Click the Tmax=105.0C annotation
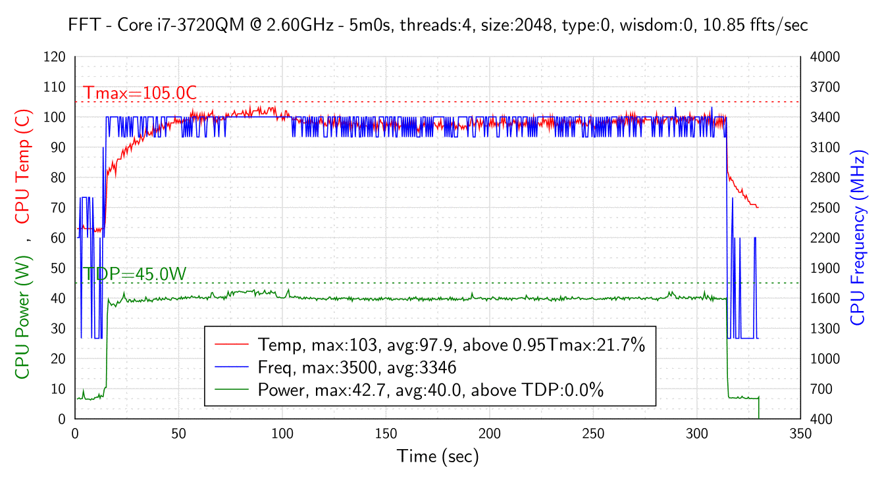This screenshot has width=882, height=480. point(140,93)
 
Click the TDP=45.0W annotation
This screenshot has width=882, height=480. point(135,274)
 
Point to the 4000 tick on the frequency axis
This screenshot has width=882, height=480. point(825,57)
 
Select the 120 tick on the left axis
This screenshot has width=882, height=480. point(55,57)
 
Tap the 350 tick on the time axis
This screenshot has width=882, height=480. point(800,434)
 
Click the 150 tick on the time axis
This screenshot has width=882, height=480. point(386,434)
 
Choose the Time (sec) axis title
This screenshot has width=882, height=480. point(438,456)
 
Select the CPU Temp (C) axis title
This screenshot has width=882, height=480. point(23,167)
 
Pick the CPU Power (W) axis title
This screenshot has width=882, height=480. point(23,316)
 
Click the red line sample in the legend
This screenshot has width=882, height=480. point(231,344)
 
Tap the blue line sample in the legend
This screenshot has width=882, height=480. point(231,367)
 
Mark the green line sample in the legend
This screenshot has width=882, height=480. point(231,390)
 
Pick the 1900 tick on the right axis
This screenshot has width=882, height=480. point(825,268)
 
